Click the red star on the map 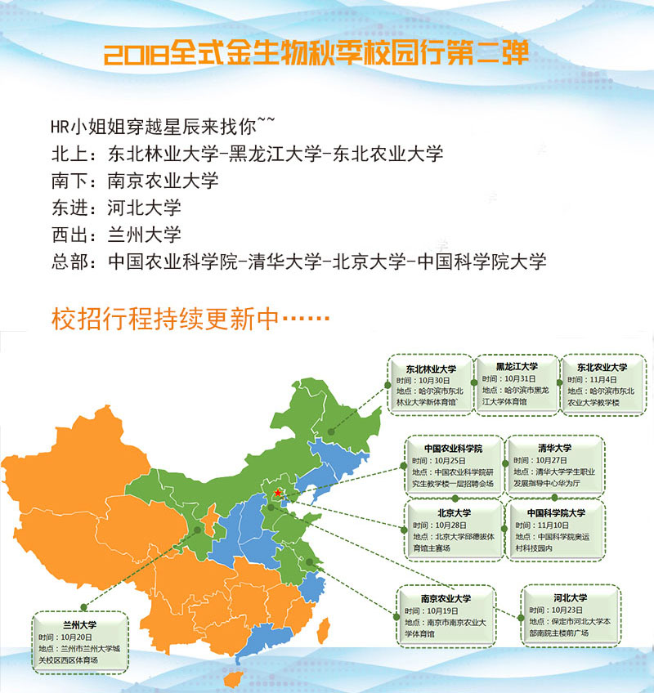coord(279,493)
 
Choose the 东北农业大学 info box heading coord(602,367)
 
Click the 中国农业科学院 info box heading coord(453,449)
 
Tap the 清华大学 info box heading coord(554,448)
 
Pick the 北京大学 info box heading coord(451,512)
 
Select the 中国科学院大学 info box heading coord(556,512)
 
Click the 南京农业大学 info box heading coord(446,598)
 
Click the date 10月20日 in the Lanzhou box coord(74,637)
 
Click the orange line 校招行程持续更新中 coord(190,319)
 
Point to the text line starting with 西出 coord(115,234)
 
